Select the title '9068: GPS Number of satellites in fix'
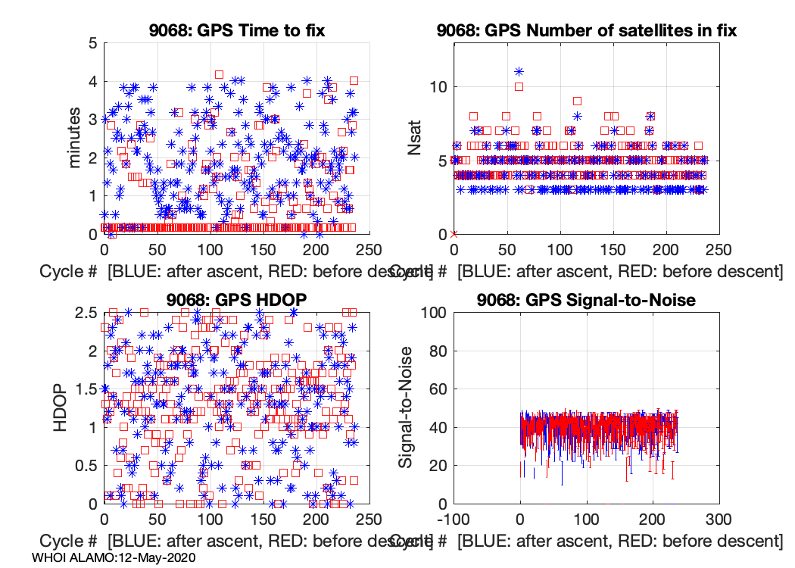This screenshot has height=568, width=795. click(587, 30)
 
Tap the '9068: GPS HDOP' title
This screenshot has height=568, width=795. click(236, 300)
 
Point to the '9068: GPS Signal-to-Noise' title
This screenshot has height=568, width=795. click(586, 300)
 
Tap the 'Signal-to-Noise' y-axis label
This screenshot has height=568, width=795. click(407, 407)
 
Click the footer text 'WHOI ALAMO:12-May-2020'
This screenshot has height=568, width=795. click(114, 557)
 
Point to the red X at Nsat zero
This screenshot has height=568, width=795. click(454, 234)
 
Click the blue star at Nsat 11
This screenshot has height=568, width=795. click(519, 72)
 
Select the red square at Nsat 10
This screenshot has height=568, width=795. click(519, 86)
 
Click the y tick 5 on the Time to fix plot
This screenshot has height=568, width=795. click(92, 43)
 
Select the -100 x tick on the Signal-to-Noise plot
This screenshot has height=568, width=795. click(454, 520)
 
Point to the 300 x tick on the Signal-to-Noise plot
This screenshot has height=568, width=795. click(718, 520)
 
